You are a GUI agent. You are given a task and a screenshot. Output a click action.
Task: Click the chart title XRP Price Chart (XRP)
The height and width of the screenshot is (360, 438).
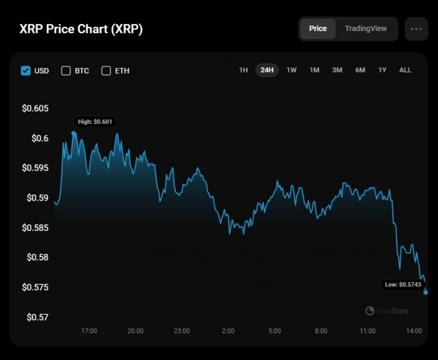coord(81,29)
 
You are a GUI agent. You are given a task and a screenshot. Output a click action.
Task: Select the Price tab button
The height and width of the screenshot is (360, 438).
coord(318,29)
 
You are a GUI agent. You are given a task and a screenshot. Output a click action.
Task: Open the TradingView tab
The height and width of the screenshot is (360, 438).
coord(366,29)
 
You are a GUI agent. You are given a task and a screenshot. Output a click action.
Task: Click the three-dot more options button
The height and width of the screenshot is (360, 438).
coord(416,29)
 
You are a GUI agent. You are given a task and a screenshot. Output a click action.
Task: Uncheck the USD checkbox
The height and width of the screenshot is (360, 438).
coord(26,71)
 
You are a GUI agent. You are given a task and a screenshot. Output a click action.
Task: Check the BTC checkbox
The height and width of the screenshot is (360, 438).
coord(65,71)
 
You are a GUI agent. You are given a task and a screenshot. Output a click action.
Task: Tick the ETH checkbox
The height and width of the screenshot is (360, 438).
coord(106,71)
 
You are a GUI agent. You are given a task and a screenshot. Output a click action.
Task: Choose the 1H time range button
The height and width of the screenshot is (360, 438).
coord(243,70)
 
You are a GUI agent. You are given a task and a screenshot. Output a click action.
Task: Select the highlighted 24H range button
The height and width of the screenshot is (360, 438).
coord(267,70)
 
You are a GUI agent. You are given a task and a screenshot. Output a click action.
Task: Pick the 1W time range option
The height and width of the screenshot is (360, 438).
coord(291,70)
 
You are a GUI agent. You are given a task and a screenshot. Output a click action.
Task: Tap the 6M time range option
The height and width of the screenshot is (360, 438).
coord(360,70)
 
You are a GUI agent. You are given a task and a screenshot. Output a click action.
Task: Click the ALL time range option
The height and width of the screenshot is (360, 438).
coord(405,70)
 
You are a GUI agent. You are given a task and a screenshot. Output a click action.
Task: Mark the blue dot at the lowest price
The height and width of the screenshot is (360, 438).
coord(425,292)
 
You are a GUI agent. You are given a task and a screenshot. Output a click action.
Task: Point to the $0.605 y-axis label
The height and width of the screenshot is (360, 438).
coord(35,109)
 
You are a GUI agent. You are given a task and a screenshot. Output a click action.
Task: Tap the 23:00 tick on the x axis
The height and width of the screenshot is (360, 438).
coord(182,331)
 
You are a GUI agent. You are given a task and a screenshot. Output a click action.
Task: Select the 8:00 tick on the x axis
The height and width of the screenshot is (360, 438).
coord(321,331)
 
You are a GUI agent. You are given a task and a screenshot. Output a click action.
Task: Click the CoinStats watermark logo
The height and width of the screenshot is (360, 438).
coord(387,311)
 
